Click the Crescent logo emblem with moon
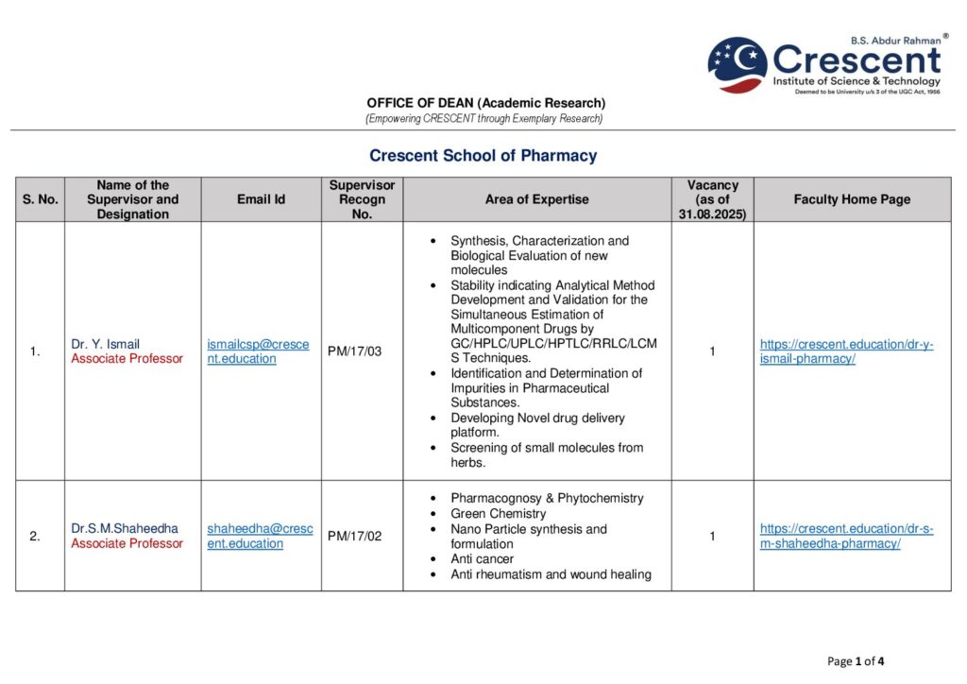tap(738, 64)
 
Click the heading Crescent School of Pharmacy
tap(483, 156)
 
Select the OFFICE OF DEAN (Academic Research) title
tap(485, 103)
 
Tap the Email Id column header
tap(261, 199)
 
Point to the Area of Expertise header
tap(536, 199)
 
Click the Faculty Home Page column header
tap(852, 199)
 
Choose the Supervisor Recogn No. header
tap(362, 199)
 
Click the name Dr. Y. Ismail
tap(105, 344)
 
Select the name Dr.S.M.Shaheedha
tap(124, 528)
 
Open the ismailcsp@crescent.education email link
tap(258, 351)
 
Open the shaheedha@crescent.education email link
tap(260, 536)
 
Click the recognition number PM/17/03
tap(354, 351)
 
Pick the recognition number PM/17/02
tap(354, 536)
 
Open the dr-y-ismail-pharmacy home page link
tap(846, 351)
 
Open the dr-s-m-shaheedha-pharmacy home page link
tap(846, 536)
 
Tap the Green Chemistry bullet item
tap(498, 513)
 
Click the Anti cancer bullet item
tap(482, 558)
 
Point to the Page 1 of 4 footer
tap(856, 661)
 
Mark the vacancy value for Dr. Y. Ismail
tap(712, 351)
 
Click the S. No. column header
tap(40, 199)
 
